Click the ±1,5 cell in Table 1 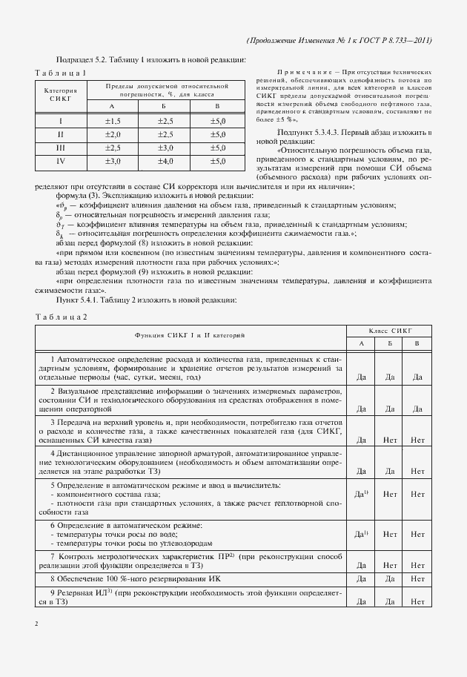(112, 120)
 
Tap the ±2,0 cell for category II (112, 133)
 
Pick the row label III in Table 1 (61, 147)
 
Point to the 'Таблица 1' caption (61, 72)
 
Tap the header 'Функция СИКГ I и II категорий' (191, 337)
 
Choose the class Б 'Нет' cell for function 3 (390, 440)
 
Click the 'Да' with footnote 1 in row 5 (362, 493)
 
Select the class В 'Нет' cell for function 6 (417, 534)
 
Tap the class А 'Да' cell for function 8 (362, 578)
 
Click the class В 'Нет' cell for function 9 (417, 601)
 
